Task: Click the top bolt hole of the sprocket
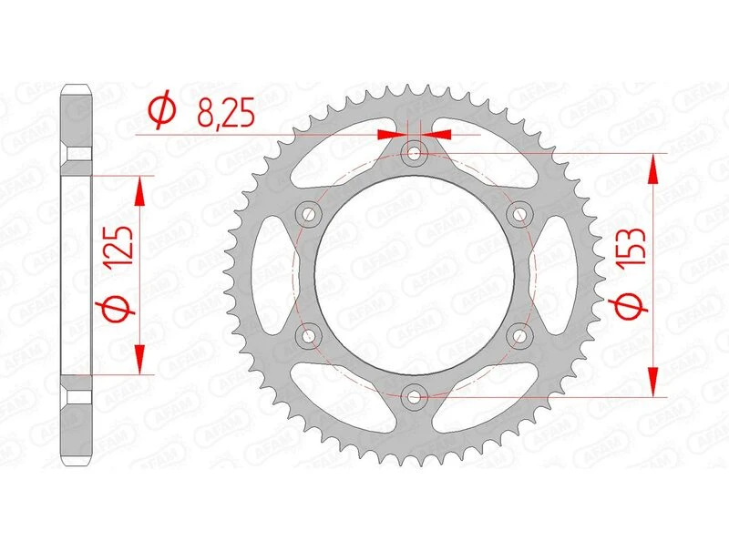click(x=416, y=153)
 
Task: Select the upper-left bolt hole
click(x=311, y=213)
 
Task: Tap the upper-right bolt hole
click(x=520, y=214)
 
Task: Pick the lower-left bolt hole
click(x=311, y=335)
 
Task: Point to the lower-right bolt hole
click(x=520, y=335)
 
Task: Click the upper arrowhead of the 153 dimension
click(x=653, y=168)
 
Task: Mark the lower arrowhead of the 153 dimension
click(x=653, y=383)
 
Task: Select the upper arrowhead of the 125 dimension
click(x=139, y=189)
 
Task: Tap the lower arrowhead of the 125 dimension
click(x=139, y=360)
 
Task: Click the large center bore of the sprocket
click(x=416, y=273)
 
